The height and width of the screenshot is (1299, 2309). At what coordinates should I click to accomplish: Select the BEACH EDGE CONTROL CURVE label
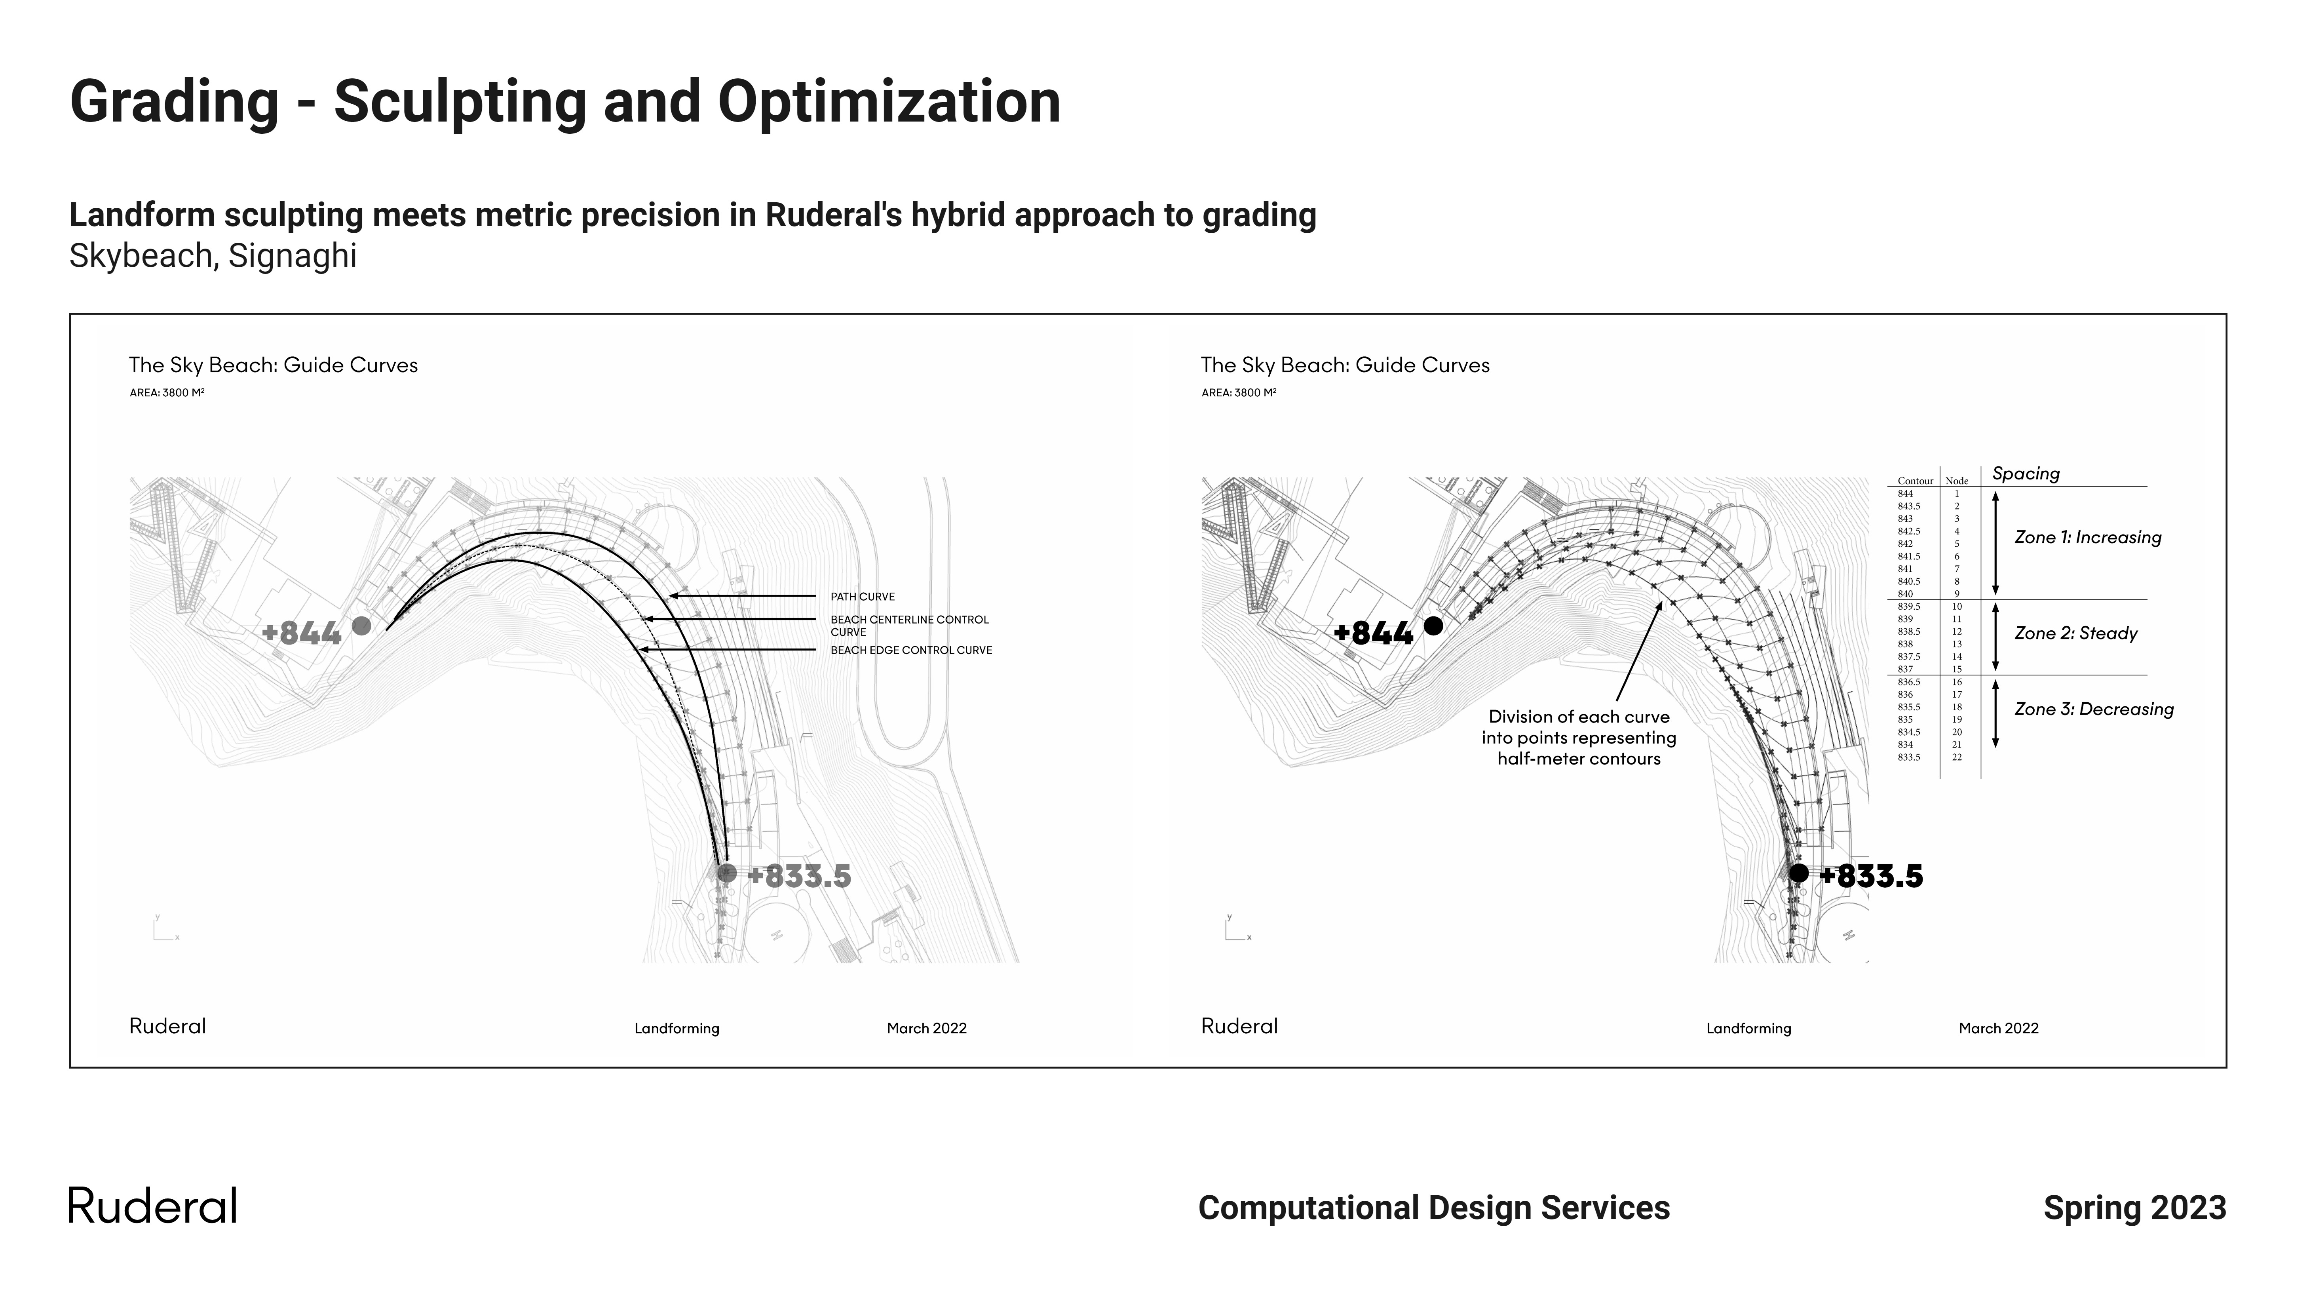(x=911, y=650)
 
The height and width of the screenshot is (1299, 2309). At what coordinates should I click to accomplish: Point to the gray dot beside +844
(x=361, y=626)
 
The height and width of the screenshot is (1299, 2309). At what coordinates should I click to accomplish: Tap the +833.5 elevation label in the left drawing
(x=799, y=876)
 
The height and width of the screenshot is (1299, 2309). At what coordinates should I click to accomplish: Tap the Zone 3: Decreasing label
(x=2094, y=709)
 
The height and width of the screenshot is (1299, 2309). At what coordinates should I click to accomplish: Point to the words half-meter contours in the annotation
(x=1579, y=759)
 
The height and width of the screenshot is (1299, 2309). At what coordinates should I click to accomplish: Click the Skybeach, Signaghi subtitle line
(x=213, y=257)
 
